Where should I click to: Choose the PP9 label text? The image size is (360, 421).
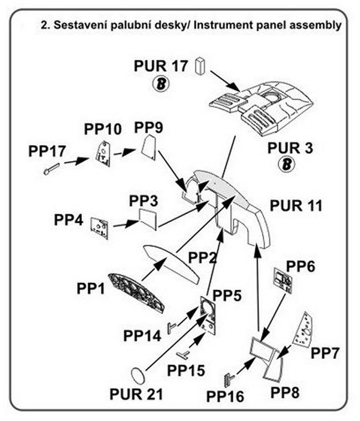point(148,128)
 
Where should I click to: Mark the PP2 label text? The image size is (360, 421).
point(204,257)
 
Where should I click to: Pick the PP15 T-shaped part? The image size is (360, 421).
point(182,355)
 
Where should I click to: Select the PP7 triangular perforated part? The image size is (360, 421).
point(305,329)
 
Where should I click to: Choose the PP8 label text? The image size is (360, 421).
point(286,392)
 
